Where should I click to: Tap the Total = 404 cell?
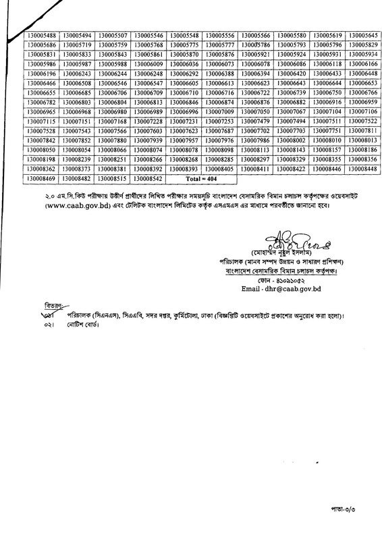coord(203,180)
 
